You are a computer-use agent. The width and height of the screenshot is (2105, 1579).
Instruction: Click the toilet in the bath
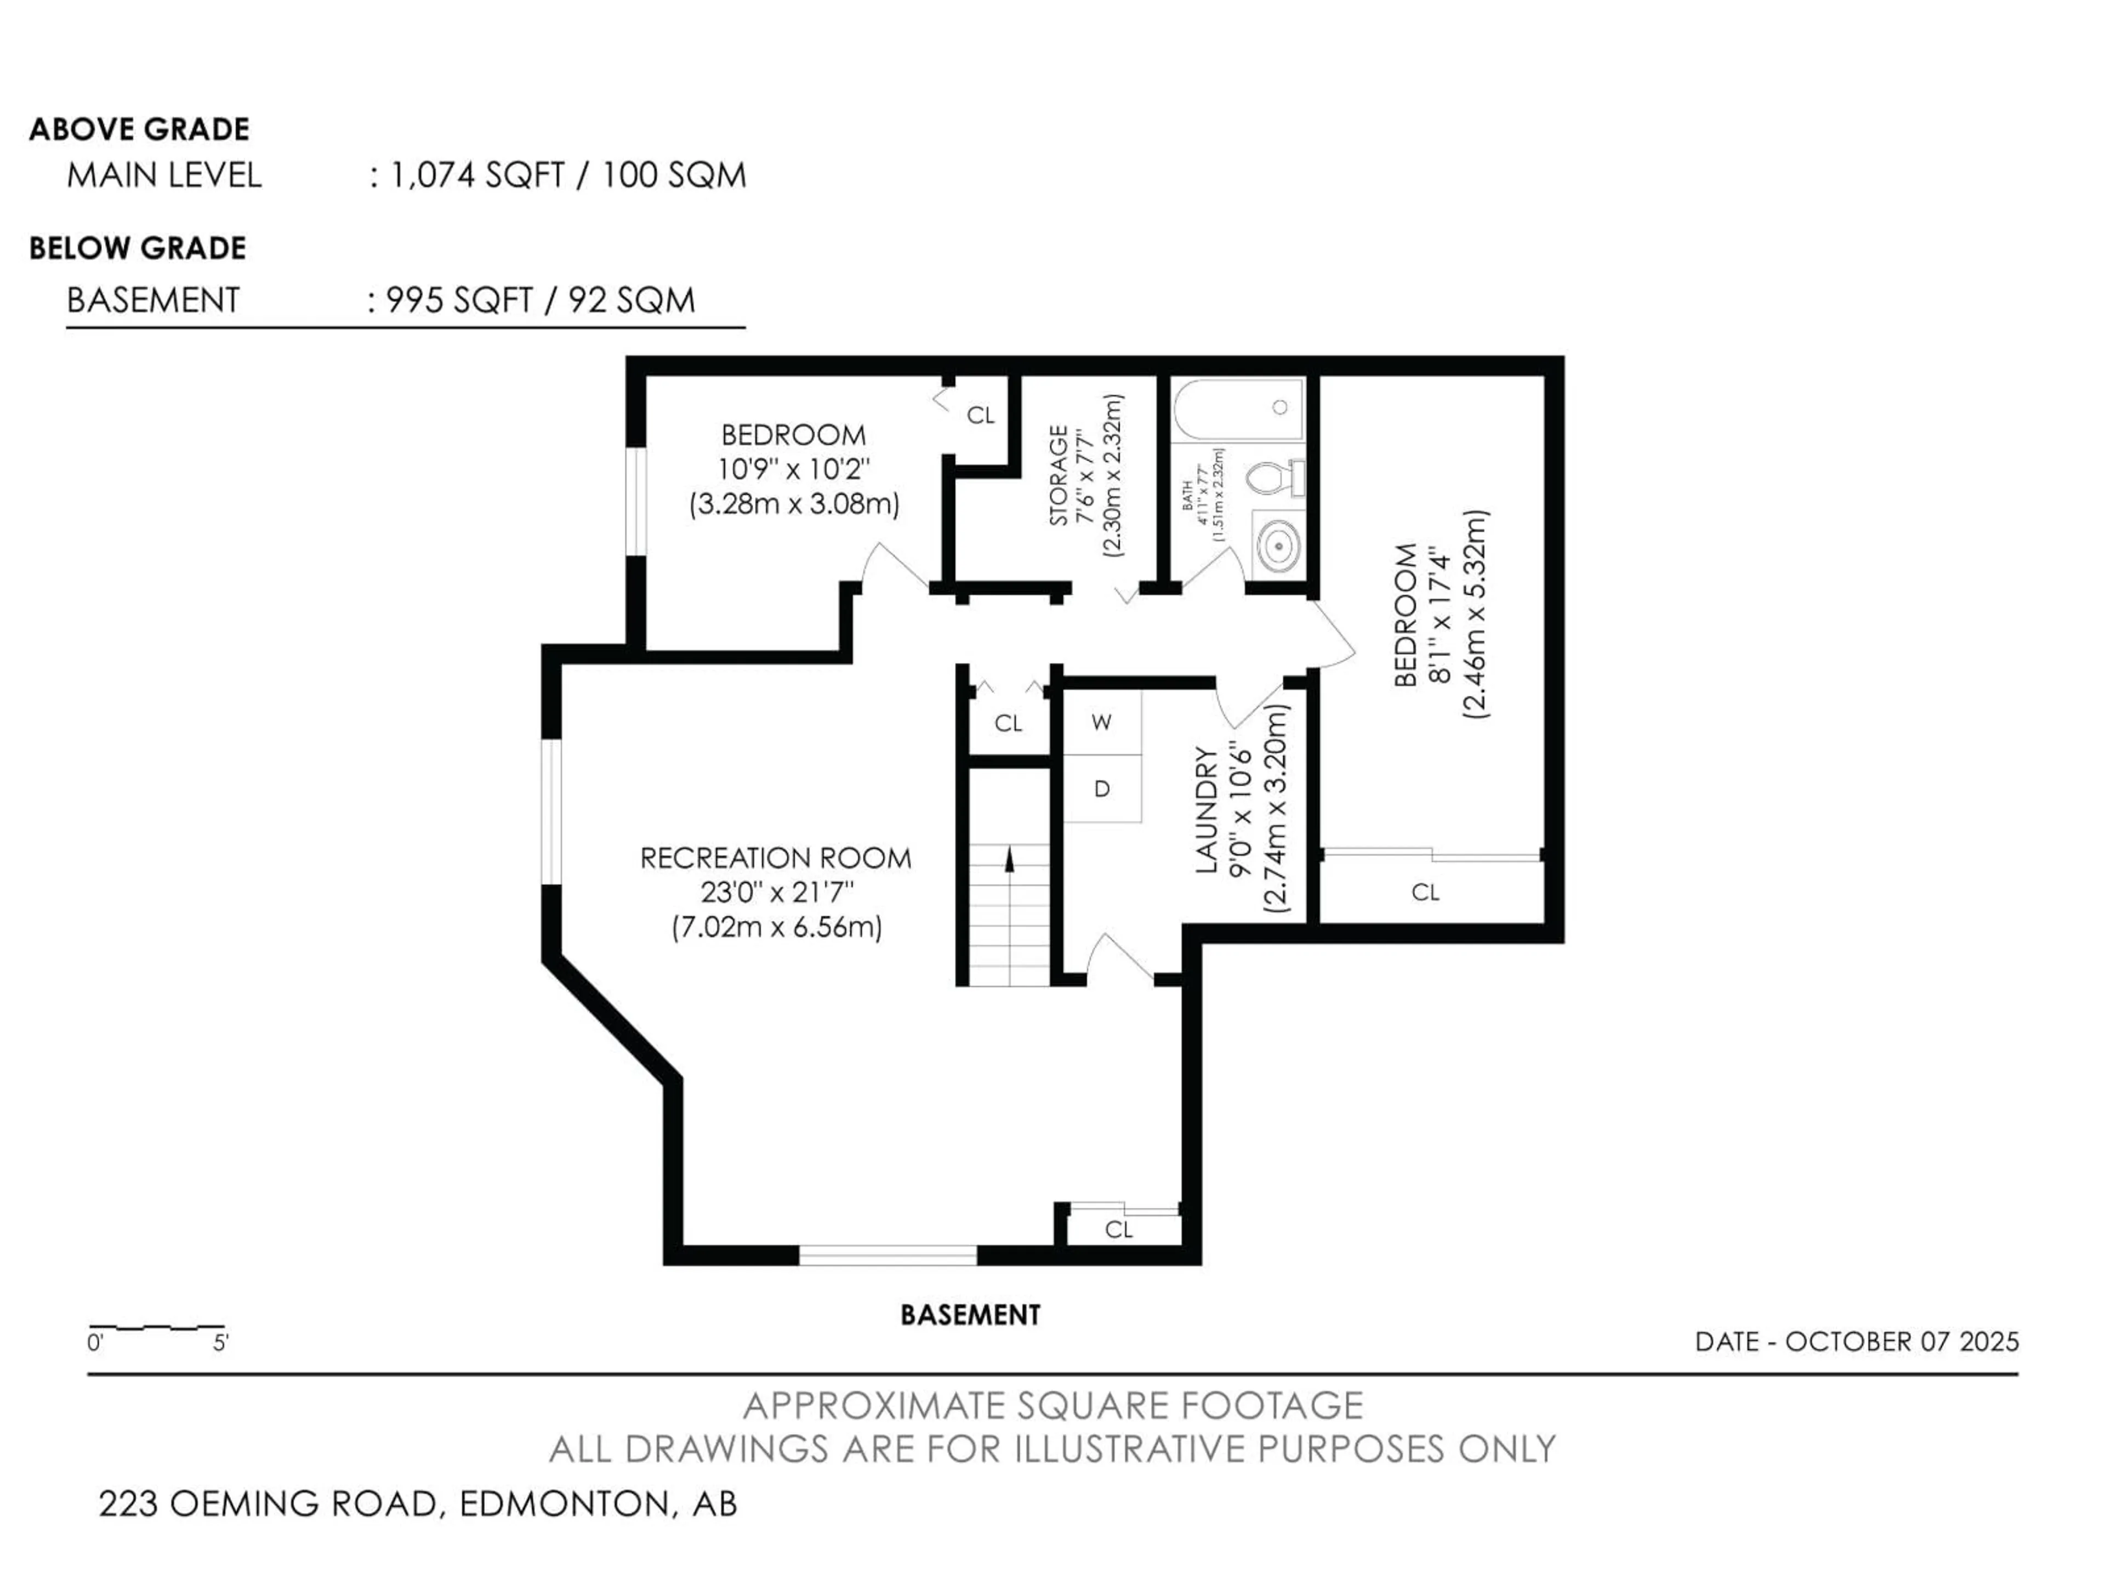[x=1275, y=477]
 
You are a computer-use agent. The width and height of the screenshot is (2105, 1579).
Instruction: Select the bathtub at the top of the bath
[x=1237, y=409]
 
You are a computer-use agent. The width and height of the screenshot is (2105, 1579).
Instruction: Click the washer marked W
[x=1102, y=723]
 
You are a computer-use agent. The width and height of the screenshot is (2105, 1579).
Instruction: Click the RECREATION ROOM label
[x=776, y=859]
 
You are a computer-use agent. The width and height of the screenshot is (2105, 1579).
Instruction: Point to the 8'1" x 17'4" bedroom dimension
[x=1441, y=615]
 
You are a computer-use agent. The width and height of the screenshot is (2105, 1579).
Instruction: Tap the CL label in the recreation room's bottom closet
[x=1119, y=1230]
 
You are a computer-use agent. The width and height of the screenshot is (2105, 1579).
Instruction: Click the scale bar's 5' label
[x=221, y=1343]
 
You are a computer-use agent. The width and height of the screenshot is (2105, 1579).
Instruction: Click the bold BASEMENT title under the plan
[x=971, y=1315]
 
